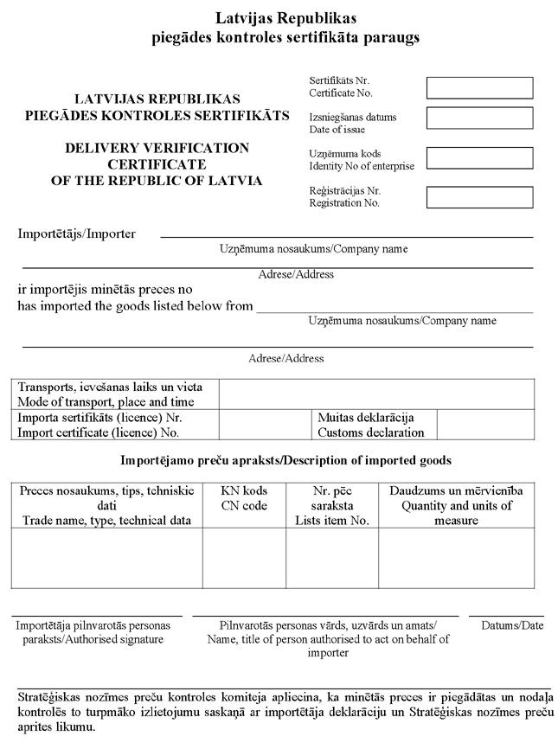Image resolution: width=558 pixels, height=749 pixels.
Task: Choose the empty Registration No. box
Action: pyautogui.click(x=479, y=197)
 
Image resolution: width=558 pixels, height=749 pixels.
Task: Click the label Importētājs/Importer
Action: pyautogui.click(x=77, y=234)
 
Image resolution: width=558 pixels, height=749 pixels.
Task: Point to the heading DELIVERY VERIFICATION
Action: pyautogui.click(x=157, y=149)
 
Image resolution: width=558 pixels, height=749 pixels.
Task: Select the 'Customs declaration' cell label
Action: pyautogui.click(x=371, y=432)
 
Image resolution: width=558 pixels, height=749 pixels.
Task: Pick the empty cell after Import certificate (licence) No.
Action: pyautogui.click(x=265, y=425)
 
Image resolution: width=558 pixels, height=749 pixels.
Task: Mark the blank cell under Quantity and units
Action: pyautogui.click(x=462, y=558)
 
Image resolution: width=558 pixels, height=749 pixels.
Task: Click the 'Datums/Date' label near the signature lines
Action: pyautogui.click(x=512, y=625)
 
